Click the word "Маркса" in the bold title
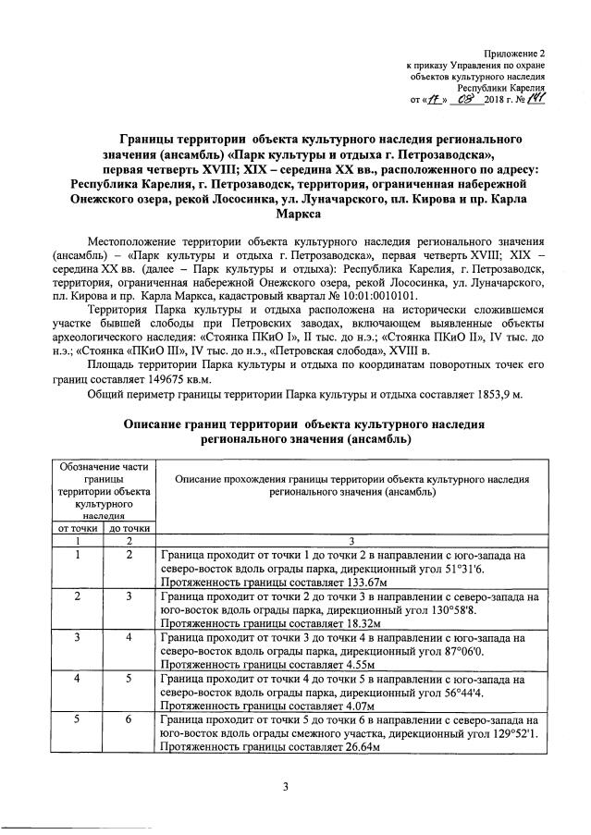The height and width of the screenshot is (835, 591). click(296, 215)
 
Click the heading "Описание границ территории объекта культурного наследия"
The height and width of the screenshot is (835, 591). click(296, 424)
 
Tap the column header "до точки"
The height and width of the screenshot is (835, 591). click(129, 528)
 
